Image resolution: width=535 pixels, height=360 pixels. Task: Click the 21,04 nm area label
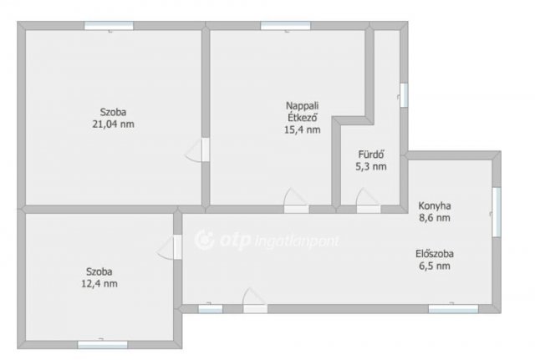[x=114, y=124]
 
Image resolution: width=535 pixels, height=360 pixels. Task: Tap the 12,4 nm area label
[x=99, y=284]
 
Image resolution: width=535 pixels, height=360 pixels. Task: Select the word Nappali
[x=303, y=106]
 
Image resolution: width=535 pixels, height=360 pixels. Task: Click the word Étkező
[x=303, y=117]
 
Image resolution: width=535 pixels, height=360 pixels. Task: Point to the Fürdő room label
[x=371, y=154]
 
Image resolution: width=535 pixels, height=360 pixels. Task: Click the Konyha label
[x=435, y=205]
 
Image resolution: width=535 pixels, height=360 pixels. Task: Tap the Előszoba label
[x=435, y=254]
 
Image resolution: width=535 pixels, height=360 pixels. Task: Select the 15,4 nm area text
[x=303, y=129]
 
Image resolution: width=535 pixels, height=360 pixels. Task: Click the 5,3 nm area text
[x=371, y=167]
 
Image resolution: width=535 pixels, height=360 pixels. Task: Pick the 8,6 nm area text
[x=435, y=217]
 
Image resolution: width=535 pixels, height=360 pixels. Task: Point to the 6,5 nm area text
[x=435, y=266]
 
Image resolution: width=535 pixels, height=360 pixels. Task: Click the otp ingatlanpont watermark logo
[x=267, y=240]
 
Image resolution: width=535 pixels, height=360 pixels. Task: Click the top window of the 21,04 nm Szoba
[x=109, y=26]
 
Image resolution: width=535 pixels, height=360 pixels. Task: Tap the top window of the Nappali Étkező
[x=286, y=26]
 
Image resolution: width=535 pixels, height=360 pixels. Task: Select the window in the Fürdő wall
[x=404, y=95]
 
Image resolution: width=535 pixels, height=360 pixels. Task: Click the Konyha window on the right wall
[x=497, y=211]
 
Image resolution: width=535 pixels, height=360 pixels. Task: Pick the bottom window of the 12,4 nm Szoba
[x=102, y=345]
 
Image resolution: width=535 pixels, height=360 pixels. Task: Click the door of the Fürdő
[x=368, y=201]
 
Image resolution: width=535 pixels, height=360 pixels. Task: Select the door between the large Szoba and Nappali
[x=197, y=150]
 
